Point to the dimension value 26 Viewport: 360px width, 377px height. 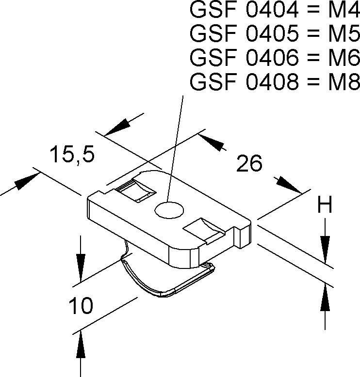(x=249, y=164)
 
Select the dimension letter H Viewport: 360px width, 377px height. (x=325, y=205)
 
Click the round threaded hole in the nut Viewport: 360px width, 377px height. (x=169, y=210)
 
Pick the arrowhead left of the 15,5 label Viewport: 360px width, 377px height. (x=25, y=182)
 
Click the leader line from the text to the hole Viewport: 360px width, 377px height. (x=176, y=145)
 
